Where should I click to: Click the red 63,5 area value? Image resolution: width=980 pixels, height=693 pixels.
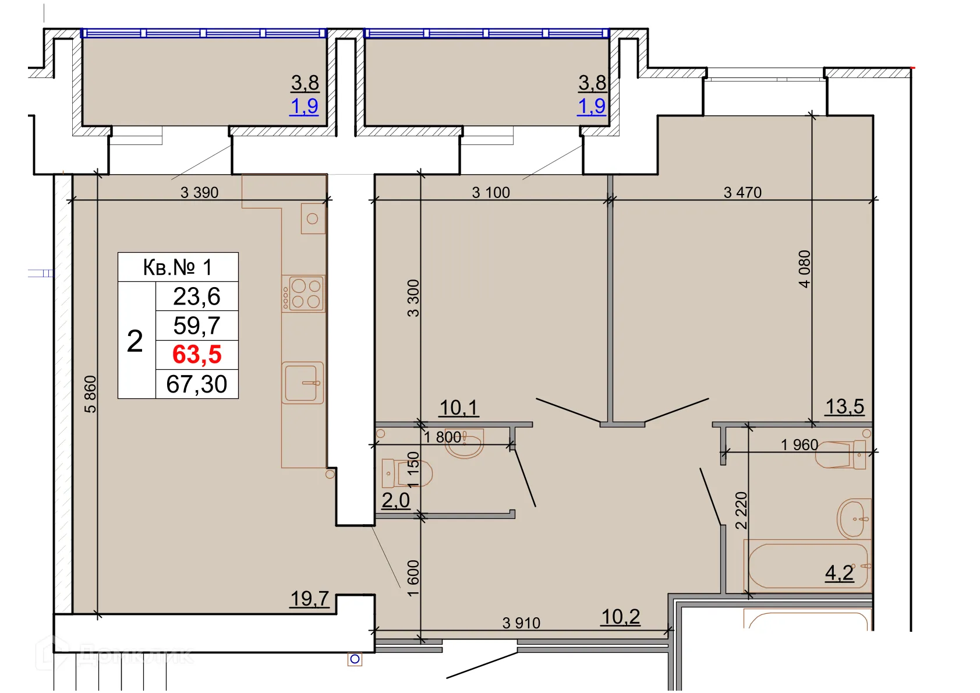pyautogui.click(x=197, y=355)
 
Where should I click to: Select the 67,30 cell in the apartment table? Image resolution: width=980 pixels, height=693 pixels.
pyautogui.click(x=197, y=384)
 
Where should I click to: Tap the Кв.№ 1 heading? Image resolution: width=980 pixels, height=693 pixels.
pyautogui.click(x=178, y=267)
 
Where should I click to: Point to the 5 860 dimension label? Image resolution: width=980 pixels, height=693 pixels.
pyautogui.click(x=90, y=394)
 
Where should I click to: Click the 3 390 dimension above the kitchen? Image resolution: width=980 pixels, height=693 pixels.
pyautogui.click(x=199, y=192)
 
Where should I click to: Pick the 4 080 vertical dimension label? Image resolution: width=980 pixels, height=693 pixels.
pyautogui.click(x=804, y=268)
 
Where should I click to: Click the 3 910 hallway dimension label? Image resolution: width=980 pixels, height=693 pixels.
pyautogui.click(x=521, y=623)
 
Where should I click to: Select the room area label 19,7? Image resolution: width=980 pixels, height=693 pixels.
pyautogui.click(x=310, y=598)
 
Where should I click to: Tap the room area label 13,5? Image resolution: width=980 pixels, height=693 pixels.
pyautogui.click(x=844, y=406)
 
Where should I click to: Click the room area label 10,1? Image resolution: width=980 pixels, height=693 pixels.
pyautogui.click(x=458, y=408)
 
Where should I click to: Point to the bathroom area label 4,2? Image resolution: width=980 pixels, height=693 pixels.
pyautogui.click(x=839, y=573)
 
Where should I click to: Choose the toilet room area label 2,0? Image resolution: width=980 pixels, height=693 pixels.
pyautogui.click(x=395, y=500)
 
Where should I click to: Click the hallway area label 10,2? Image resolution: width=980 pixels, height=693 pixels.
pyautogui.click(x=620, y=617)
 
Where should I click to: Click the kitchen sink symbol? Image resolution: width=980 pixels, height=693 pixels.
pyautogui.click(x=303, y=383)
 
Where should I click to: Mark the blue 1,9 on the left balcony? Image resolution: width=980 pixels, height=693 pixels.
pyautogui.click(x=304, y=106)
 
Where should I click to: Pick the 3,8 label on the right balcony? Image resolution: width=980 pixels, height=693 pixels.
pyautogui.click(x=592, y=83)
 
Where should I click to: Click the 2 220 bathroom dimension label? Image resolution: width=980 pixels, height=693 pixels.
pyautogui.click(x=741, y=510)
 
